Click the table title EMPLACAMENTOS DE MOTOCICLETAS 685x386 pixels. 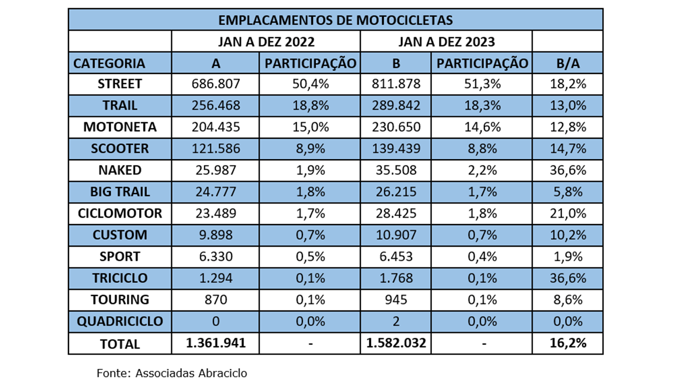[x=336, y=20]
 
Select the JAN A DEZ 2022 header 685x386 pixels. [x=265, y=41]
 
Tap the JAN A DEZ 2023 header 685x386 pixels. [x=446, y=41]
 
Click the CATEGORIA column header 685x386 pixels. [x=109, y=63]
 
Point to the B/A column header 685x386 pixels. [x=568, y=63]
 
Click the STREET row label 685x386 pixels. [x=120, y=84]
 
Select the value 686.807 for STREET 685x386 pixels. [x=216, y=84]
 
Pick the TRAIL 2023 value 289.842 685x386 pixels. [x=396, y=106]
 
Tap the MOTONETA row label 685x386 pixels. [x=120, y=127]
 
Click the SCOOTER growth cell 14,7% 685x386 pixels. [x=568, y=149]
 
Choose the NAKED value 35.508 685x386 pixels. [x=396, y=170]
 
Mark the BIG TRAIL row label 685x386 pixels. [x=120, y=192]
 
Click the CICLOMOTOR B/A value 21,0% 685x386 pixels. [x=568, y=213]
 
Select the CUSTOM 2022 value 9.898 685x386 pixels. [x=216, y=235]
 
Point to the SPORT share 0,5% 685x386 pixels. [x=310, y=257]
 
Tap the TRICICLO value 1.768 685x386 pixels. [x=396, y=278]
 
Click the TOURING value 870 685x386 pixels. [x=216, y=300]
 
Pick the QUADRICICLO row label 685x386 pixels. [x=120, y=322]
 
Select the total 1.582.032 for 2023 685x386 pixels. [x=396, y=343]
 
